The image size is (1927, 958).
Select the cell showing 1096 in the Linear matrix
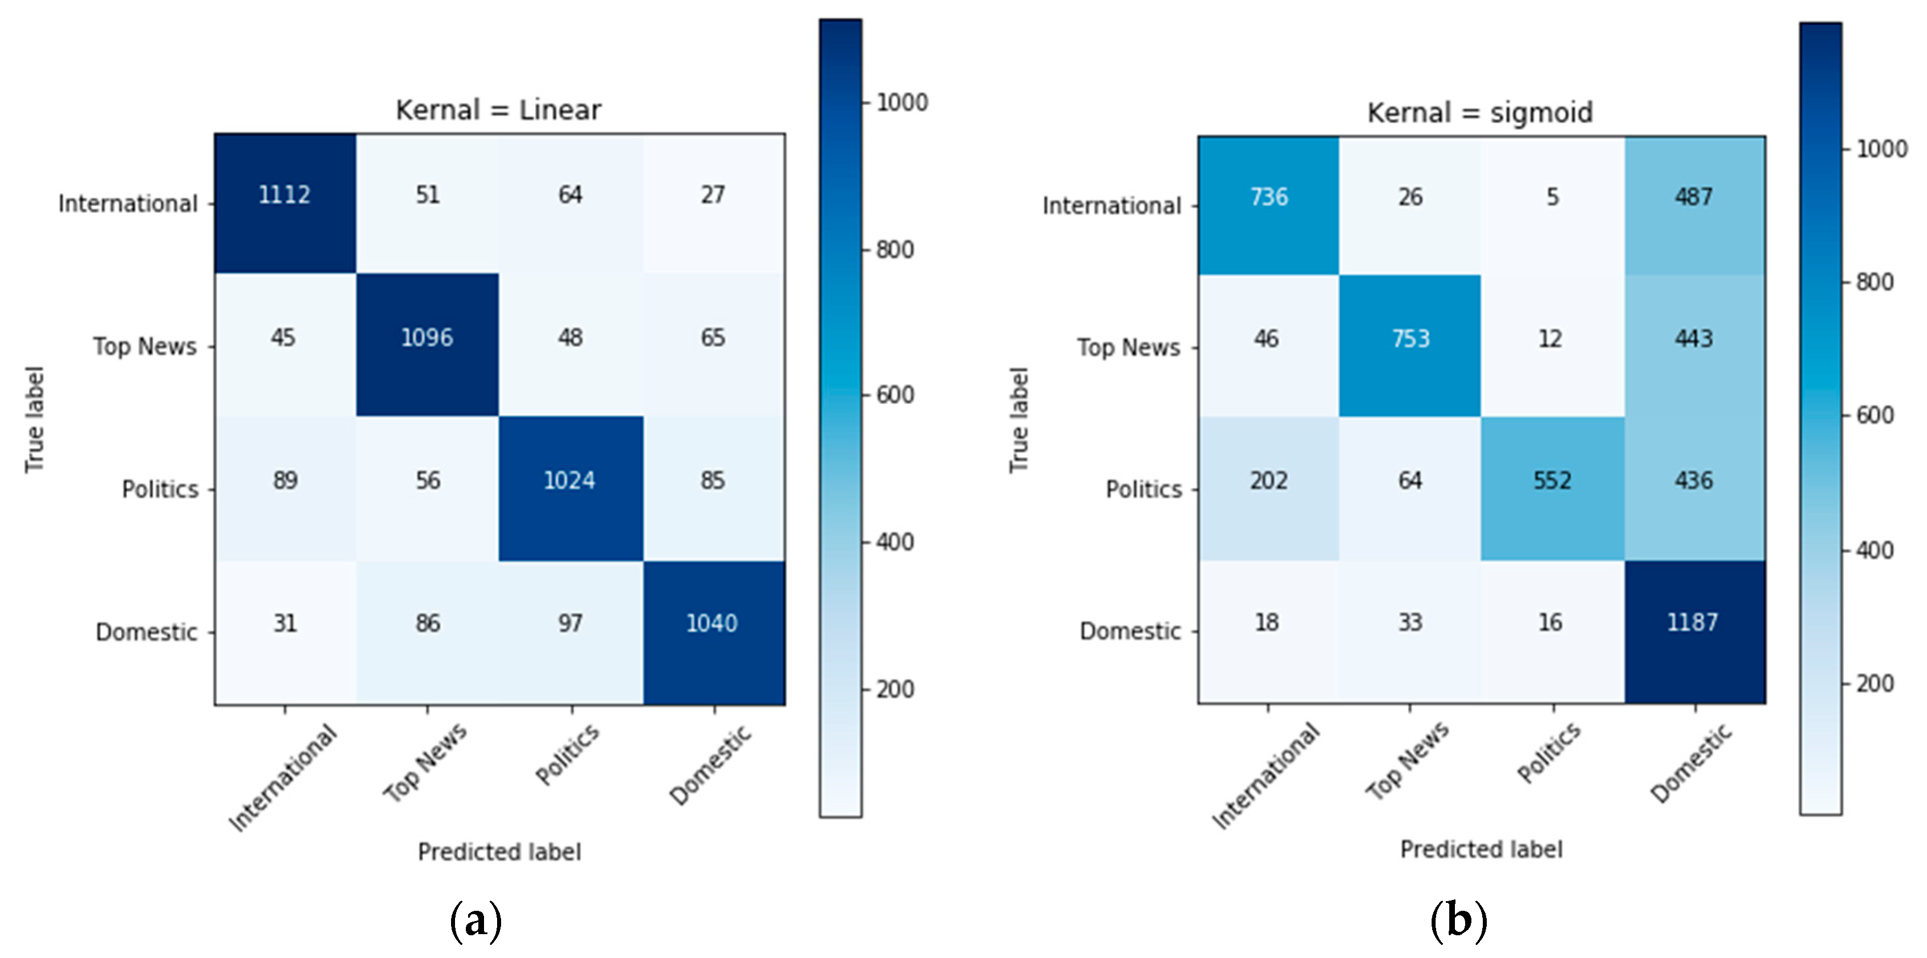tap(427, 338)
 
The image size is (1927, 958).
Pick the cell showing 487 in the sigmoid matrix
tap(1694, 197)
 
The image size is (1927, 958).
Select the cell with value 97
tap(570, 623)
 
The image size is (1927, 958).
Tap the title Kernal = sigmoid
tap(1480, 113)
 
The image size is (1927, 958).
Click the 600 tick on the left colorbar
tap(895, 395)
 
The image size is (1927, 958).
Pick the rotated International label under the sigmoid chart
tap(1266, 776)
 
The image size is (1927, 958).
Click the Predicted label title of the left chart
tap(499, 852)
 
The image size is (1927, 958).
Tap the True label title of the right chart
tap(1019, 420)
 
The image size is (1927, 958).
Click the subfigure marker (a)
tap(475, 920)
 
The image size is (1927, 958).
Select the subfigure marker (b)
tap(1458, 920)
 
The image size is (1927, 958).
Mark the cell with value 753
tap(1410, 339)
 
